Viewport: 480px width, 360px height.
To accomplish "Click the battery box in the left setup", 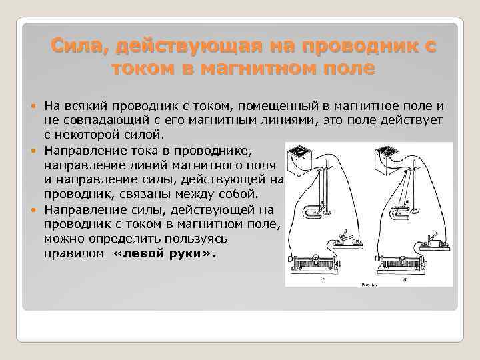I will [x=301, y=160].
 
